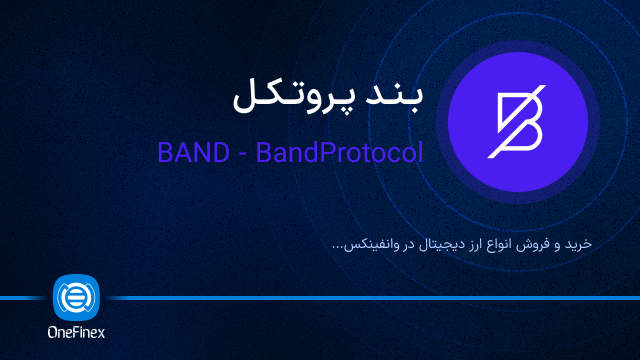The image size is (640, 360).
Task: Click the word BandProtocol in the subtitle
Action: coord(339,153)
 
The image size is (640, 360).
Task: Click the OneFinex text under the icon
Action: coord(77,334)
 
